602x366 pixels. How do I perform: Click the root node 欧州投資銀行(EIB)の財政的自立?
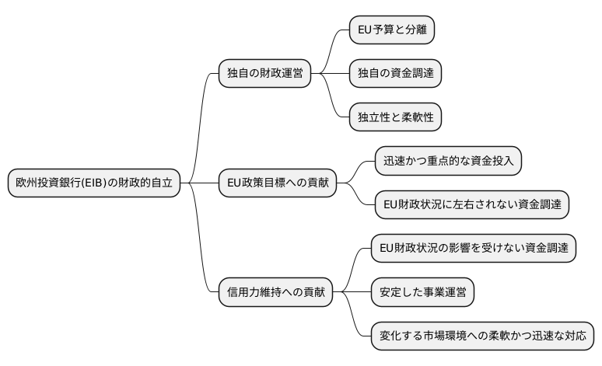94,183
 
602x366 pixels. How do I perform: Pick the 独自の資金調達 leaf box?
395,73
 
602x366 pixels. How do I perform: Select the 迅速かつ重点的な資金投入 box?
448,161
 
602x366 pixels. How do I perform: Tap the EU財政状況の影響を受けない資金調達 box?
473,249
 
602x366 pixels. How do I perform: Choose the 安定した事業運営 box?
422,293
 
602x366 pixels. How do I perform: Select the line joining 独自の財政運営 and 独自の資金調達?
330,73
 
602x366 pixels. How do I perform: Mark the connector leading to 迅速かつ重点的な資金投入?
359,169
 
